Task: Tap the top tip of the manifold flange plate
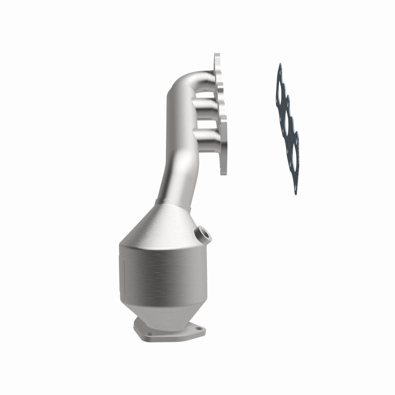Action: [x=216, y=56]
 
